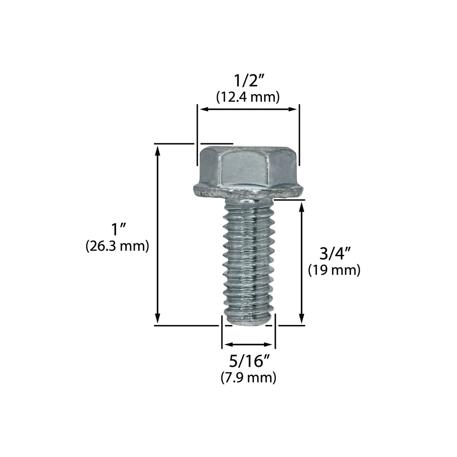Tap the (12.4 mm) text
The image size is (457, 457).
[248, 97]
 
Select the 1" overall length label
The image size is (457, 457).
[117, 230]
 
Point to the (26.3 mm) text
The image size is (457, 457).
[117, 246]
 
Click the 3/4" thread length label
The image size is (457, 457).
[334, 254]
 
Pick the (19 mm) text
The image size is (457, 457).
[334, 270]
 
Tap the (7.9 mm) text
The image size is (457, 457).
[249, 378]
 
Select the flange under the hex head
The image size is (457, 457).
[248, 191]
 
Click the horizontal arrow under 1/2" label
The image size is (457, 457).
[248, 109]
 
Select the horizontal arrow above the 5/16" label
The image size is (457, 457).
[248, 345]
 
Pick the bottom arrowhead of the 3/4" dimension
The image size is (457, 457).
[302, 320]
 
